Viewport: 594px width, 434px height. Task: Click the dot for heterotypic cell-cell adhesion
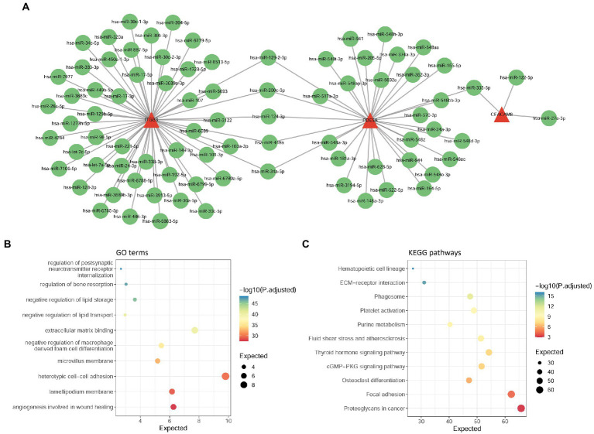225,376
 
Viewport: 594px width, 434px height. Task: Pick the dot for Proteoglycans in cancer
521,408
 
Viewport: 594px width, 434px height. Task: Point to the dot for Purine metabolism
450,324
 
